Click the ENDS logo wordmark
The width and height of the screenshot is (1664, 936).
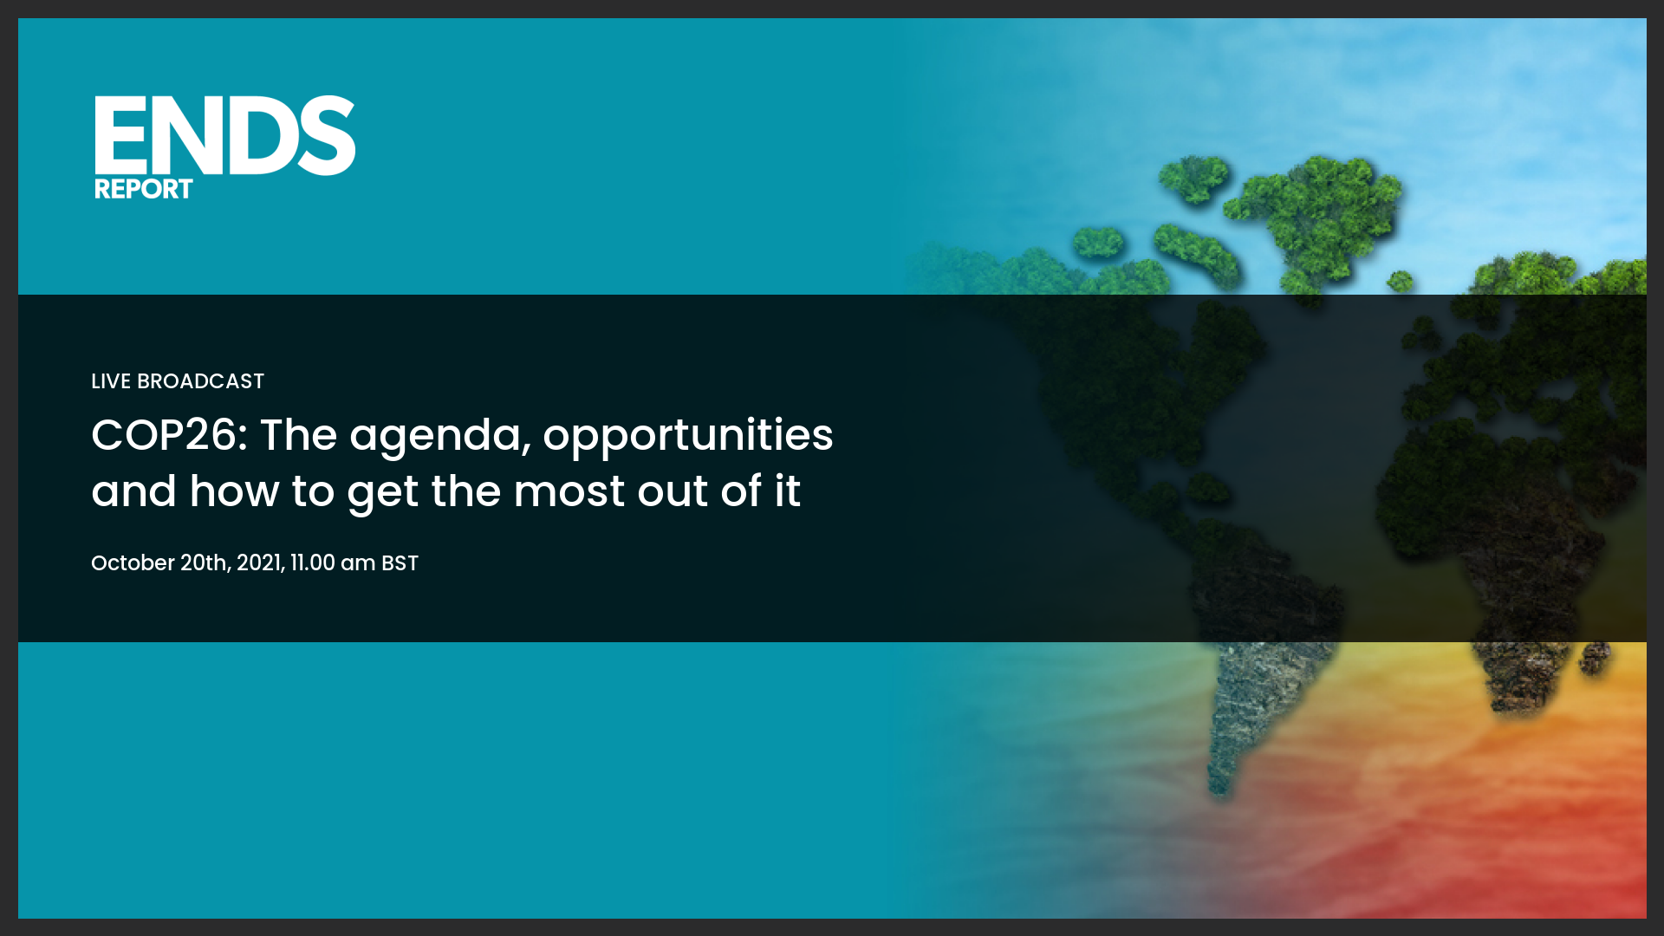click(224, 135)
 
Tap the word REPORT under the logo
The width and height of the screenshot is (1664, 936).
click(143, 189)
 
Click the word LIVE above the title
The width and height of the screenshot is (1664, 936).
click(111, 381)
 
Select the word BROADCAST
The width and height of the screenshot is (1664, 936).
click(200, 381)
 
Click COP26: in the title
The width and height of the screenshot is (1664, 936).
click(170, 435)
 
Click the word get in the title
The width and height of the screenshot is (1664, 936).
click(383, 495)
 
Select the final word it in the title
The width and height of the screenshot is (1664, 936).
click(788, 491)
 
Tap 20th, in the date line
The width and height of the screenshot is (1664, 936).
click(205, 563)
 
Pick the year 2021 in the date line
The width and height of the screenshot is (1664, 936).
click(259, 563)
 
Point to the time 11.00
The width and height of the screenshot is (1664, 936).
click(312, 563)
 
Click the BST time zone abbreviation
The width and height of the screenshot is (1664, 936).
click(400, 563)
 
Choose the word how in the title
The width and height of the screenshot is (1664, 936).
click(234, 491)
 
